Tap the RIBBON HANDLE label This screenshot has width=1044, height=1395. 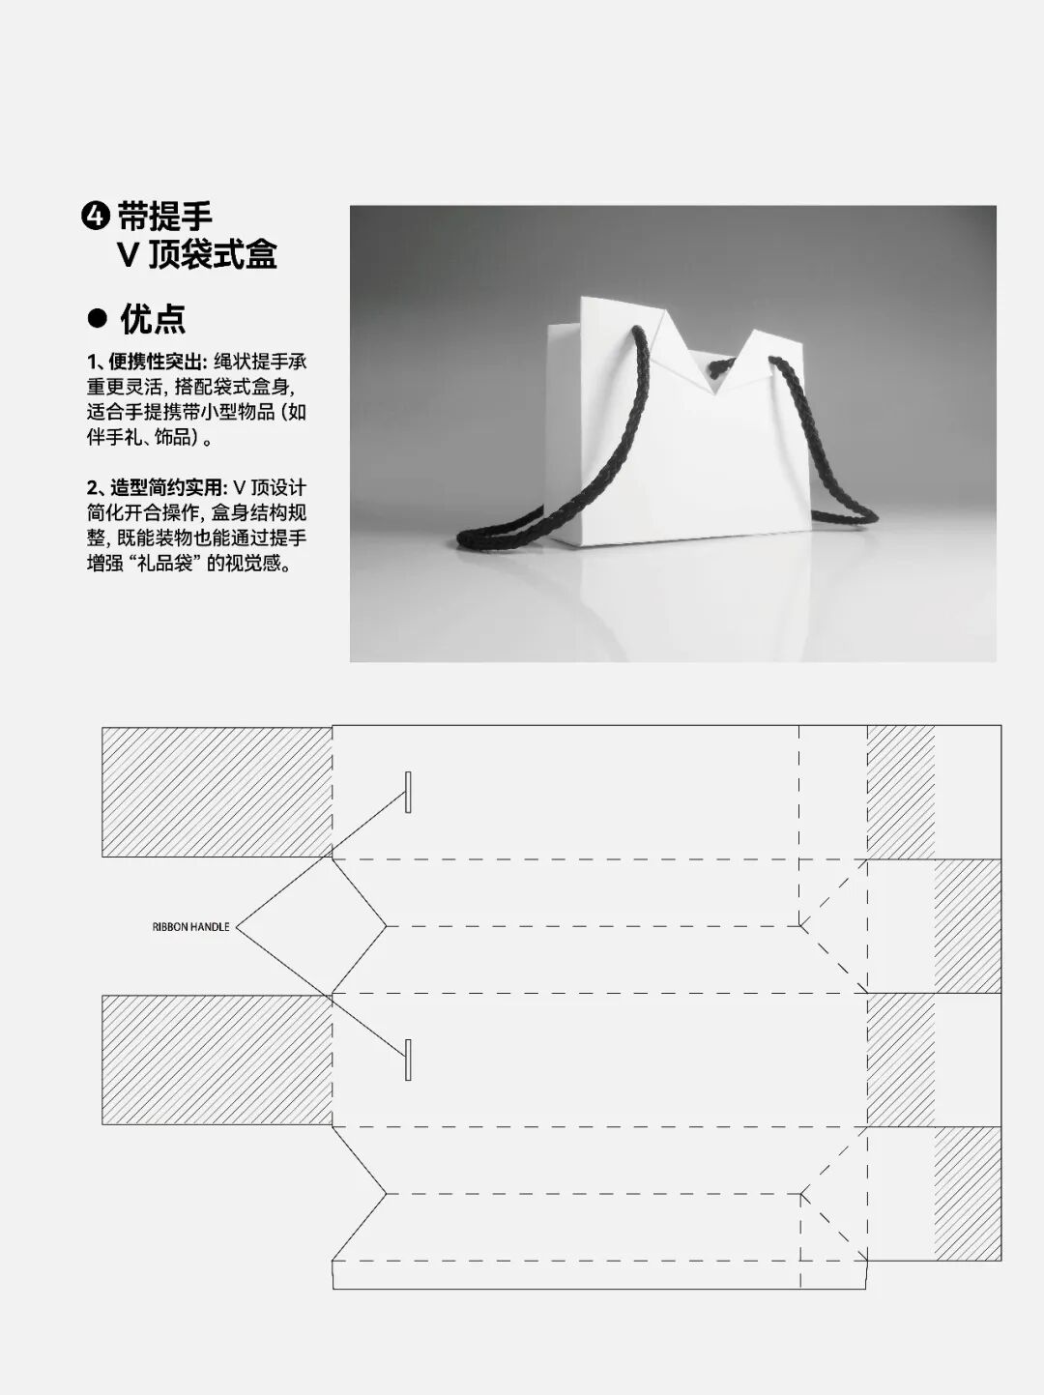coord(190,927)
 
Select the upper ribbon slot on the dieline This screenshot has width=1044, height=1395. coord(408,792)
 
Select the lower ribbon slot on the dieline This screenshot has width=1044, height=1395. coord(408,1060)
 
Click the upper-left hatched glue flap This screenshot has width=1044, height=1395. coord(217,792)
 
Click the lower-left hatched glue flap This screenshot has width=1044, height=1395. coord(217,1060)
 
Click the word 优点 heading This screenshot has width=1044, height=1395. coord(153,318)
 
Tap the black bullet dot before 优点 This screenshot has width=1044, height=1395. coord(97,318)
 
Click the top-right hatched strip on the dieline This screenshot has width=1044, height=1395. coord(901,792)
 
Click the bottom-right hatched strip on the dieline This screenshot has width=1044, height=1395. coord(968,1193)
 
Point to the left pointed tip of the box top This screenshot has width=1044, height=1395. coord(583,301)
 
